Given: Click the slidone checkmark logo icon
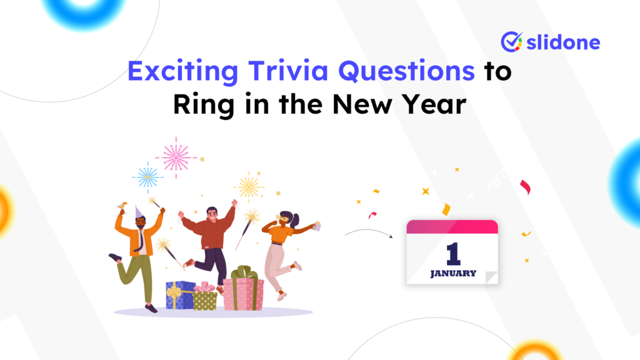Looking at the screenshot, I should pyautogui.click(x=511, y=41).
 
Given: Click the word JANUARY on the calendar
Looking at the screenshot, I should pyautogui.click(x=453, y=273).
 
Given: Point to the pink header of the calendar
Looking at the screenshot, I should pyautogui.click(x=452, y=226).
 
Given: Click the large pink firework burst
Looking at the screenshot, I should pyautogui.click(x=176, y=157).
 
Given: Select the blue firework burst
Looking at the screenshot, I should pyautogui.click(x=148, y=177).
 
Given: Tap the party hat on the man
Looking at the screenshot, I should pyautogui.click(x=139, y=212).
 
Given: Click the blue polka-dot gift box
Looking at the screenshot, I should pyautogui.click(x=180, y=295).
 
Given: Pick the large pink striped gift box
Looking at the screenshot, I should pyautogui.click(x=243, y=292).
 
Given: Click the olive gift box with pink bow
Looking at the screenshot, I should pyautogui.click(x=204, y=299).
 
